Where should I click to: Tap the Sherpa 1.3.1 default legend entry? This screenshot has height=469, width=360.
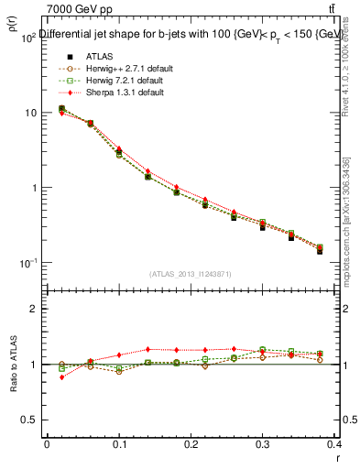(113, 93)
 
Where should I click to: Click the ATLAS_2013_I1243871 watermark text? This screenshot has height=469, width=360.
(191, 274)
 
